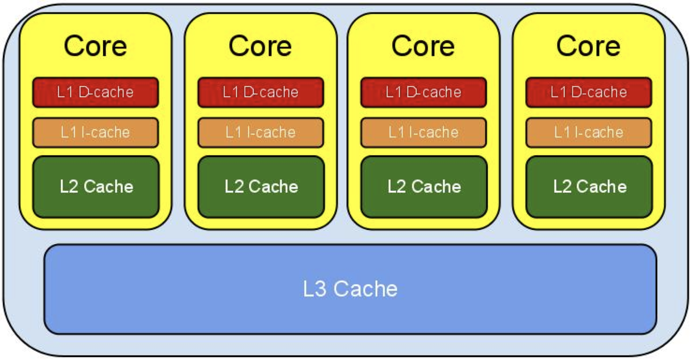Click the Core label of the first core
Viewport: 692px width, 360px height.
(x=95, y=46)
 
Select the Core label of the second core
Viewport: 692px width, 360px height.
(x=260, y=46)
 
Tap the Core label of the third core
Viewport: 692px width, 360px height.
(x=423, y=46)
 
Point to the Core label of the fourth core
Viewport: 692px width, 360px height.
(x=588, y=46)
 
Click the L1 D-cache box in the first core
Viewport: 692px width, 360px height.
(x=95, y=92)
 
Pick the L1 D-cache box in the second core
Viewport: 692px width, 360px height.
(x=260, y=92)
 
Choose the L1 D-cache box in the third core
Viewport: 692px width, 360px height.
(x=423, y=92)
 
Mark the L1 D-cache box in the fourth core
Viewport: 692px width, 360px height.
(x=588, y=92)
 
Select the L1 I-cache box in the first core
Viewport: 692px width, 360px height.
(x=95, y=132)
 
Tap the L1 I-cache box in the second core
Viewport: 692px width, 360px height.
(x=260, y=132)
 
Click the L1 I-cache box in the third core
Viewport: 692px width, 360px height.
(x=423, y=132)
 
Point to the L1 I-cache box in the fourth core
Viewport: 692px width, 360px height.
(x=588, y=132)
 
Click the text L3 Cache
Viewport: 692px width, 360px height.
(x=350, y=289)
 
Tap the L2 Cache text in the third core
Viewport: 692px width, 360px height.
(x=424, y=186)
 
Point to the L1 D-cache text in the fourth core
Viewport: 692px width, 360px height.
(x=588, y=92)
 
